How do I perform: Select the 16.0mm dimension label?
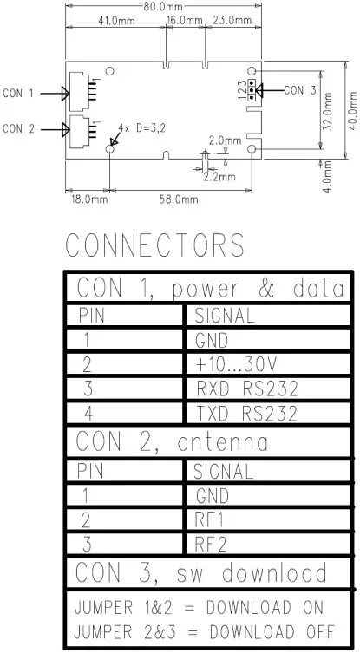(x=184, y=20)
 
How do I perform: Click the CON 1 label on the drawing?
(x=18, y=93)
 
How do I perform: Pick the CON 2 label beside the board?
(x=18, y=129)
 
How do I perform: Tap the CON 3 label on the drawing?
(x=299, y=89)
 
